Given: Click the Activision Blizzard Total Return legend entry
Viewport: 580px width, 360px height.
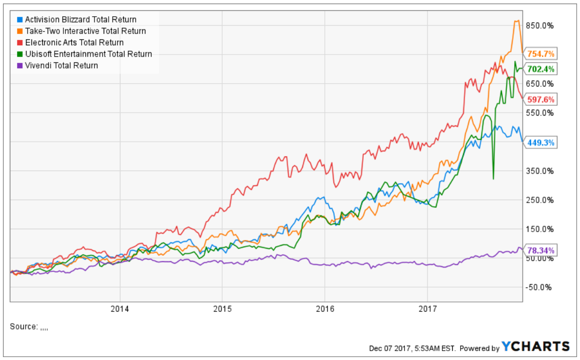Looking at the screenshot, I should (x=81, y=20).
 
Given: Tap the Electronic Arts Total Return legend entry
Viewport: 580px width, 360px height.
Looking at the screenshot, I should (x=74, y=42).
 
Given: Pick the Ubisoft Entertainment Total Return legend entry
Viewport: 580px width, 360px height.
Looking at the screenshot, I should (x=88, y=54).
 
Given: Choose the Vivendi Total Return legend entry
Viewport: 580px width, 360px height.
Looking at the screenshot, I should (x=61, y=65).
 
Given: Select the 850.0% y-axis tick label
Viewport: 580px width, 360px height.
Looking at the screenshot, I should (x=539, y=26).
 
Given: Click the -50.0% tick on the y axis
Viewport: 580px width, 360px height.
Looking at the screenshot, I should (x=539, y=287).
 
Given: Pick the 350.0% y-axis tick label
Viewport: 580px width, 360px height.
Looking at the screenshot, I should (x=539, y=171).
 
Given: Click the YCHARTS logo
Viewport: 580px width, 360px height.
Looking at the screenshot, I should (x=536, y=346).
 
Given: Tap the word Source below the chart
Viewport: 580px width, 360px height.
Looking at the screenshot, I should (x=23, y=327).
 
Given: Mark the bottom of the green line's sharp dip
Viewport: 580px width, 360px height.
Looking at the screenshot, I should (x=493, y=179).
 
